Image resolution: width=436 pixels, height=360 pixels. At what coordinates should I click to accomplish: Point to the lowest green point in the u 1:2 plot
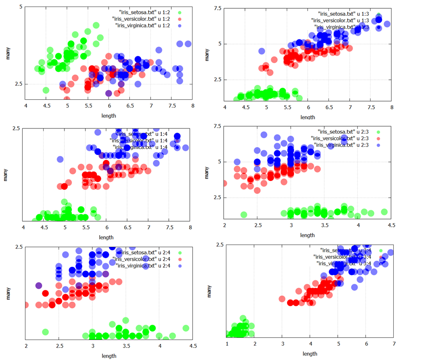tap(46, 90)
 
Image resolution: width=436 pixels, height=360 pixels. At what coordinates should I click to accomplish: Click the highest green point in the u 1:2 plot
tap(96, 26)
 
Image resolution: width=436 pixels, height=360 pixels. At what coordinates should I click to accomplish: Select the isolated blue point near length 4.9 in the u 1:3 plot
tap(262, 51)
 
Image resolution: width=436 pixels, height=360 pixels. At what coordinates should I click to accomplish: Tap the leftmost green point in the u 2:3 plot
tap(244, 214)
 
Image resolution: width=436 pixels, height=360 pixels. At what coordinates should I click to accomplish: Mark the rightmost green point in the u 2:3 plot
tap(385, 212)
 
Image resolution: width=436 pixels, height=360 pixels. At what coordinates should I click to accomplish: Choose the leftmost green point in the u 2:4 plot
tap(45, 332)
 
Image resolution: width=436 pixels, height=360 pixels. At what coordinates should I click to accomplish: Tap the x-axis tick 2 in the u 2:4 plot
tap(26, 346)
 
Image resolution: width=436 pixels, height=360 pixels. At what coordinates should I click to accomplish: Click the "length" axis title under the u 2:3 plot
tap(307, 235)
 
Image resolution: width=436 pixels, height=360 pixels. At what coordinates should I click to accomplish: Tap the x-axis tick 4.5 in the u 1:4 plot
tap(44, 228)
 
